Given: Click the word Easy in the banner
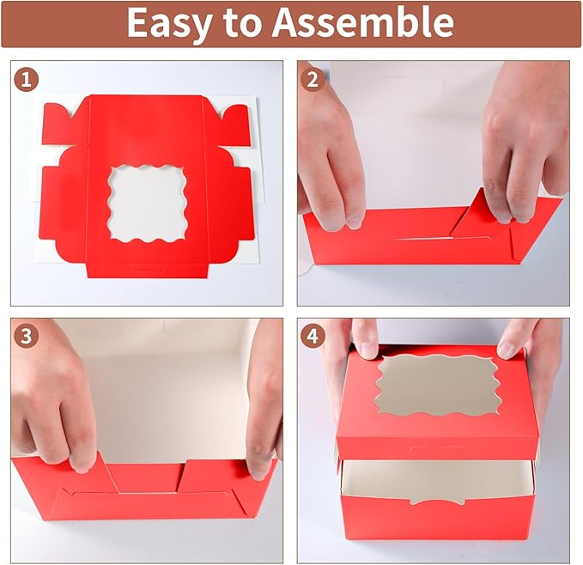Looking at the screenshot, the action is (169, 23).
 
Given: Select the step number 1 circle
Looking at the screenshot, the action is (27, 79).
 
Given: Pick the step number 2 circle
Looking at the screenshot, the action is (313, 79).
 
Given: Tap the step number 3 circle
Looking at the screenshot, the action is (27, 337).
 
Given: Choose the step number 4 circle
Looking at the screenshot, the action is (313, 337).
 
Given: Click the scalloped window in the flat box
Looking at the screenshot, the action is (147, 204).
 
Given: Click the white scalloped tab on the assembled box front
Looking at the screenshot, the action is (438, 499).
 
